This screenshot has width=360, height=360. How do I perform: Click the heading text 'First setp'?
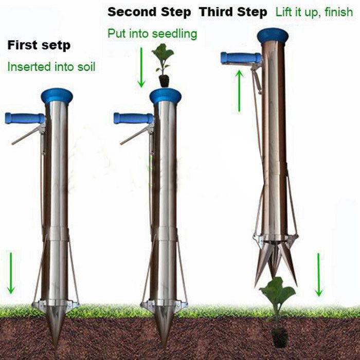pos(39,45)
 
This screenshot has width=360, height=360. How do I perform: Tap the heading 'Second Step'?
pos(149,12)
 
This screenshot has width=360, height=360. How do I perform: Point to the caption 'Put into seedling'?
pos(152,34)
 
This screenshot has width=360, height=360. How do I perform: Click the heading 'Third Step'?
pos(233,12)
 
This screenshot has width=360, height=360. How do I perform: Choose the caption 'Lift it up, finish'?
pos(314,12)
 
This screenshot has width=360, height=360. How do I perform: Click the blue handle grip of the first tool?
pos(24,118)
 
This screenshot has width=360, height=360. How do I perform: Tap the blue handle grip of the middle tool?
pos(133,118)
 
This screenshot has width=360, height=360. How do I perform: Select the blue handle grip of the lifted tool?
pos(240,58)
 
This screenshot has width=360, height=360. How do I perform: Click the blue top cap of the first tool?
pos(57,95)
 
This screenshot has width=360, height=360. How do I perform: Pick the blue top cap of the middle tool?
pos(165,95)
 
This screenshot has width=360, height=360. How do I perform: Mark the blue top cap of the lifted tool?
pos(273,35)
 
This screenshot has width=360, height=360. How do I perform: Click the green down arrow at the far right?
pos(319,275)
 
